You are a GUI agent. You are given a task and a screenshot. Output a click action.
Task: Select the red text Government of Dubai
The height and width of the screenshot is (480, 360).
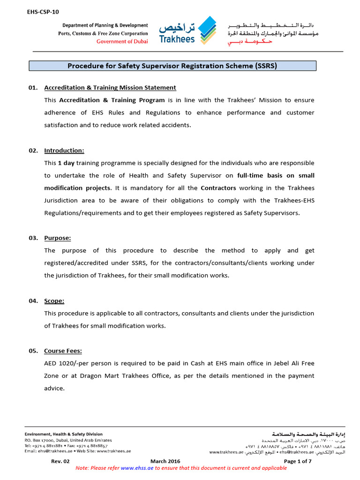pyautogui.click(x=122, y=41)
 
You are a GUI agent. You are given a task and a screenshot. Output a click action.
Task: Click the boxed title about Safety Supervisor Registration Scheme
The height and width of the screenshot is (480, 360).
pyautogui.click(x=172, y=66)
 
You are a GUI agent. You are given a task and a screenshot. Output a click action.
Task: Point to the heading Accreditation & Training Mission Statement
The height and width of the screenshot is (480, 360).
pyautogui.click(x=110, y=88)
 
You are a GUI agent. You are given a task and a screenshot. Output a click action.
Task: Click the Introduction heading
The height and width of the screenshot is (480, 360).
pyautogui.click(x=64, y=150)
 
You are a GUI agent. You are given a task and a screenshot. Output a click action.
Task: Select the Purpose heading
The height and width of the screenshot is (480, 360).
pyautogui.click(x=58, y=238)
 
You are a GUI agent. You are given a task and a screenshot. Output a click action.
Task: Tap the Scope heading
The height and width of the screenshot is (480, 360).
pyautogui.click(x=54, y=301)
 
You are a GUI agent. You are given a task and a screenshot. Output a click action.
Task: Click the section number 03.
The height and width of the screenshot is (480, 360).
pyautogui.click(x=33, y=238)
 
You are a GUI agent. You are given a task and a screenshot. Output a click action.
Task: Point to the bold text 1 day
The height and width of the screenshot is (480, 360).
pyautogui.click(x=66, y=163)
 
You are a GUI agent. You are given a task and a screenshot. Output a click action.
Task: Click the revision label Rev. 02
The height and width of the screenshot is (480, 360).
pyautogui.click(x=60, y=461)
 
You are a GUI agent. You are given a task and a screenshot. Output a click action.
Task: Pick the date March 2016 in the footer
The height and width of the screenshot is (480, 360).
pyautogui.click(x=165, y=461)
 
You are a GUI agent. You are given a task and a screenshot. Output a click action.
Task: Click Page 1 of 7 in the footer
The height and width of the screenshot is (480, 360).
pyautogui.click(x=298, y=461)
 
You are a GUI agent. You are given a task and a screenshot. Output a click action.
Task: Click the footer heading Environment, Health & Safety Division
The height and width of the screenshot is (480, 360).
pyautogui.click(x=63, y=434)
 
